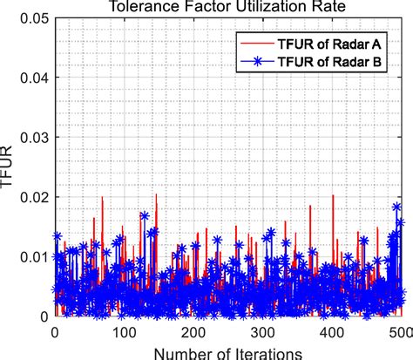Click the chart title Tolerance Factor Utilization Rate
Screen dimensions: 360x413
click(x=228, y=7)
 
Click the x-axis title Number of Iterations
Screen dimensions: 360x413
click(x=228, y=351)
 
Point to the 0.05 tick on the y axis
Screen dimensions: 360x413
click(x=33, y=17)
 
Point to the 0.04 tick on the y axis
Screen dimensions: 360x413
click(x=33, y=78)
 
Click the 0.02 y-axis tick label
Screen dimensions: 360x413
click(x=33, y=197)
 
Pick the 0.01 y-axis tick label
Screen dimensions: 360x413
click(x=33, y=257)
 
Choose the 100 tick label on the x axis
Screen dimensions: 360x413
click(x=123, y=331)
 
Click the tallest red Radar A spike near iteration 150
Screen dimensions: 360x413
click(x=156, y=195)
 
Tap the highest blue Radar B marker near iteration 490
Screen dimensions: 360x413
click(x=396, y=207)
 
